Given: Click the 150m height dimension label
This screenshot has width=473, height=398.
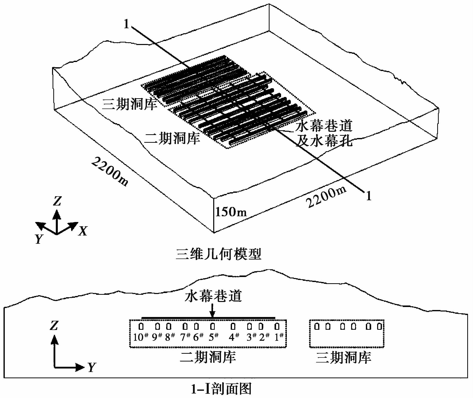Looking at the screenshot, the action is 231,212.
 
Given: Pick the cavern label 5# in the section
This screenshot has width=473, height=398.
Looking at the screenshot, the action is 213,337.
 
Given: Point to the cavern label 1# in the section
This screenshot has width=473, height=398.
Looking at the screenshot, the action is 279,337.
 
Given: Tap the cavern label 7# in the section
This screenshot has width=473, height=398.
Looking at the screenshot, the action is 185,337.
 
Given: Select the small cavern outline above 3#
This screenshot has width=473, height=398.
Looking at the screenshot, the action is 250,326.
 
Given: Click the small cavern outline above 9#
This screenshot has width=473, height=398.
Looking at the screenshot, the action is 157,326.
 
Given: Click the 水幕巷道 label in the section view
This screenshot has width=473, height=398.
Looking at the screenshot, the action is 213,296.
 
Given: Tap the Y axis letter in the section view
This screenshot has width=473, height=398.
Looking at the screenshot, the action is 92,367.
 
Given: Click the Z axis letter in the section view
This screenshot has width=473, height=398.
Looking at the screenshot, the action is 54,325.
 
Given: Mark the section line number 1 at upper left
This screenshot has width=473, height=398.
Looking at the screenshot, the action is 126,24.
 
